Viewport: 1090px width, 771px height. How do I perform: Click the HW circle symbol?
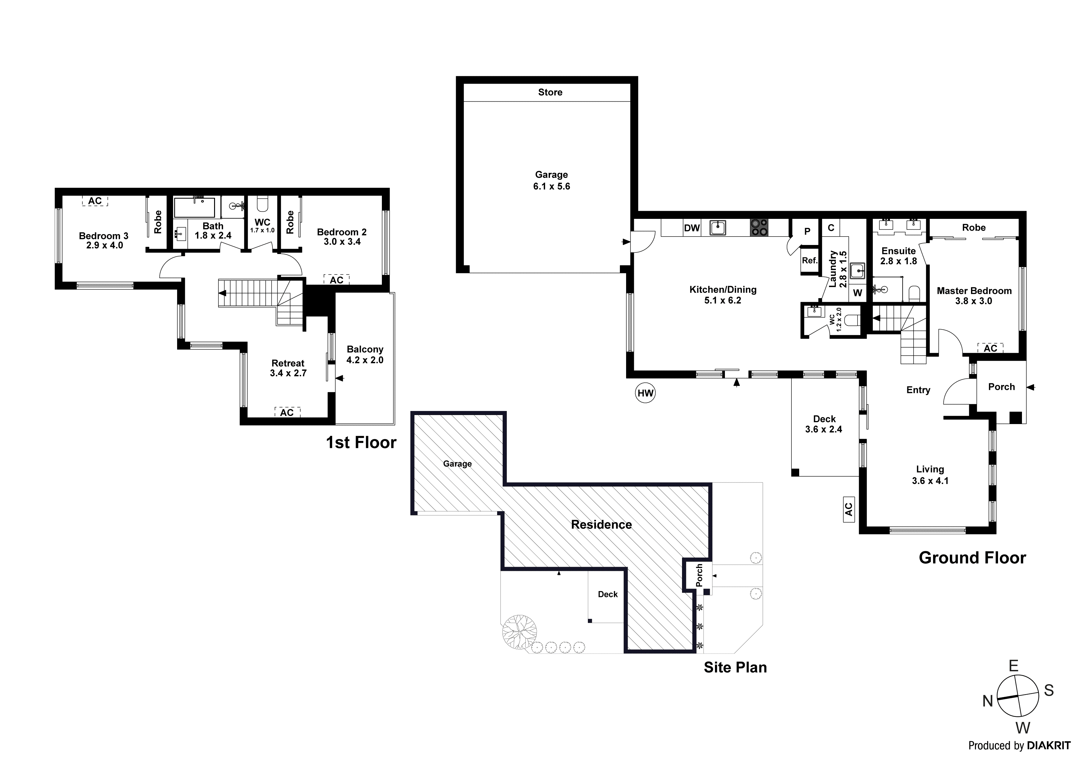click(x=645, y=393)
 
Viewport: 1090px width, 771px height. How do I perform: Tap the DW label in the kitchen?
click(x=692, y=228)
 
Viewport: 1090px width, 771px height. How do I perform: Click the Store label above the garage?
click(x=550, y=92)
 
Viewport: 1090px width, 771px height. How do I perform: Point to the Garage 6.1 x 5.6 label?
click(x=551, y=181)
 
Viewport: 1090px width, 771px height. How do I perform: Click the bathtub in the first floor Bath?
click(x=194, y=208)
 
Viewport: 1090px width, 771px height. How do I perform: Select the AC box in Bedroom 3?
click(x=95, y=201)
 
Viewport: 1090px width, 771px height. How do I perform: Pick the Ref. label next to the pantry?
click(x=809, y=260)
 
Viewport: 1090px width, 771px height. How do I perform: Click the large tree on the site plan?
click(x=519, y=632)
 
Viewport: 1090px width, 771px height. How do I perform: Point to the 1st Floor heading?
click(x=361, y=443)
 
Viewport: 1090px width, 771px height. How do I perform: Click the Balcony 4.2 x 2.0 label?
click(x=364, y=355)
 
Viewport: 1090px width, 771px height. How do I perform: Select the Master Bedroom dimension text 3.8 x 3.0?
click(x=974, y=301)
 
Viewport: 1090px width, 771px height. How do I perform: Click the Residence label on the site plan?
click(x=601, y=524)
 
